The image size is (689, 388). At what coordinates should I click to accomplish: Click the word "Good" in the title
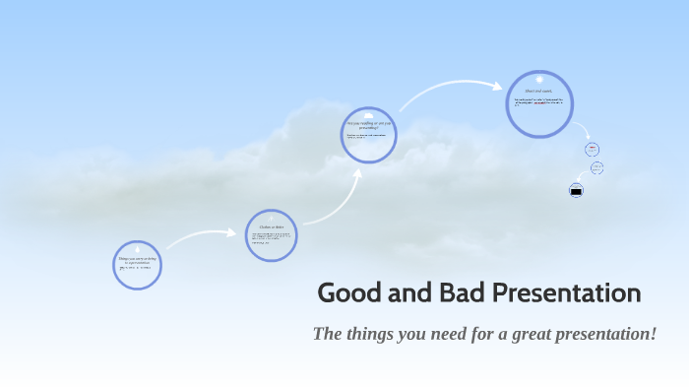coord(346,293)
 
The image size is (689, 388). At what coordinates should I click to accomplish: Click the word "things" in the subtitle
coord(373,334)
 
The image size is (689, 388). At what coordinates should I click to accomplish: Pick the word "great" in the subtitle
coord(530,334)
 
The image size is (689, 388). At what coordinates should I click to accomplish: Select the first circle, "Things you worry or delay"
coord(137,264)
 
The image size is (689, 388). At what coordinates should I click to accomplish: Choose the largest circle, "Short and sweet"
coord(539,103)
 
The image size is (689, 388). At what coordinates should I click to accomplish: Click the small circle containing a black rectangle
coord(577,190)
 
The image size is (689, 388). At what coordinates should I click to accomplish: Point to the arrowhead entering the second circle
coord(237,233)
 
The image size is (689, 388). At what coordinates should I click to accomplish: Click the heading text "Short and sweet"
coord(538,92)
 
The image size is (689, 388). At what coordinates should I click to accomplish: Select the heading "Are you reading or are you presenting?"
coord(369,125)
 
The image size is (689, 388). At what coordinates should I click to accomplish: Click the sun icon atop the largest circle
coord(539,74)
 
